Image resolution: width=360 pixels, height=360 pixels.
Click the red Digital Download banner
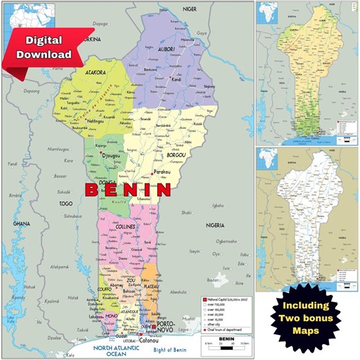(46, 46)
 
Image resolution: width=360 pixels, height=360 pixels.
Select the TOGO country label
(66, 204)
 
